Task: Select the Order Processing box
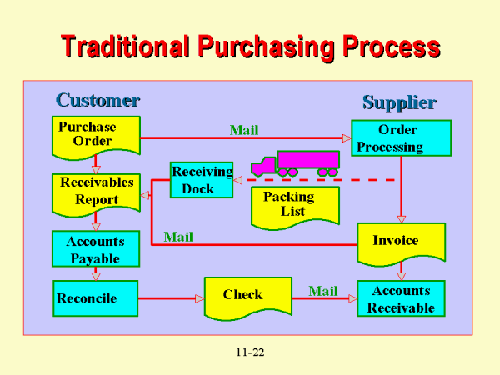pyautogui.click(x=401, y=138)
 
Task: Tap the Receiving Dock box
pyautogui.click(x=201, y=180)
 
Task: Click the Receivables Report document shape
pyautogui.click(x=96, y=192)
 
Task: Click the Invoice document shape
pyautogui.click(x=401, y=242)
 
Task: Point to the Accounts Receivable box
pyautogui.click(x=401, y=298)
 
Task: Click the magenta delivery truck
pyautogui.click(x=298, y=163)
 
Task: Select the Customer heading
pyautogui.click(x=97, y=101)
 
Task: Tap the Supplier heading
pyautogui.click(x=399, y=103)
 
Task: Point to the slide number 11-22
pyautogui.click(x=249, y=353)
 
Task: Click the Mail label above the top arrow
pyautogui.click(x=244, y=130)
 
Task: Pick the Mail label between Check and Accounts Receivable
pyautogui.click(x=323, y=291)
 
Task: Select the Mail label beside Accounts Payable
pyautogui.click(x=178, y=237)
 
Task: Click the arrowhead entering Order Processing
pyautogui.click(x=346, y=138)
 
